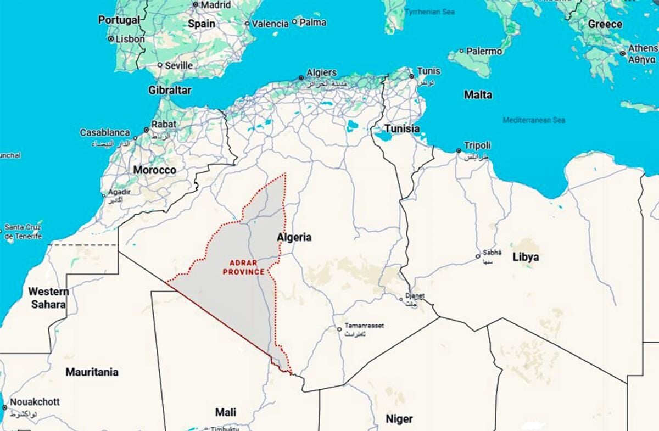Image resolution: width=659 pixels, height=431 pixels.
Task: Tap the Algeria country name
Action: click(294, 237)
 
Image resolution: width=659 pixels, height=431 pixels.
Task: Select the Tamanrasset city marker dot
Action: click(339, 329)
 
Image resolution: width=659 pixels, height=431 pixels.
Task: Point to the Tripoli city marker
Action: click(458, 150)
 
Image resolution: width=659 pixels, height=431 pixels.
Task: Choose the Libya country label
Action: click(525, 257)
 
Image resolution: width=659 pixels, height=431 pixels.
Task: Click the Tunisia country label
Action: click(401, 128)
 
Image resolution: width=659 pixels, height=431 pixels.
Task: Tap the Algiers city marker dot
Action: click(300, 78)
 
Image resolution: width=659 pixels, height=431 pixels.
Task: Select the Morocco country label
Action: click(154, 170)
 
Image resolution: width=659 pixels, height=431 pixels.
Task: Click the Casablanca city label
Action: click(104, 133)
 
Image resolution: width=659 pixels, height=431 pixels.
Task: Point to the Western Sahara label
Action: click(48, 298)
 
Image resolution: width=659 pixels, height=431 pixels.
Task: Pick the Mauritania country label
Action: click(92, 372)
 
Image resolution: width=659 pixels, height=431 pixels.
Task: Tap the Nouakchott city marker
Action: click(4, 407)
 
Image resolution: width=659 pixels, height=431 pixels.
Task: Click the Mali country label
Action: click(226, 412)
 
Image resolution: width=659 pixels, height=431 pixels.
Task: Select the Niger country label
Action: click(399, 419)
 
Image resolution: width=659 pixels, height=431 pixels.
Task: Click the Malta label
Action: click(478, 94)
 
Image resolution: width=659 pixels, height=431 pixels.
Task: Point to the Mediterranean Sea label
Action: click(534, 120)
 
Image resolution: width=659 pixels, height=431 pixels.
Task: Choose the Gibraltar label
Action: click(170, 89)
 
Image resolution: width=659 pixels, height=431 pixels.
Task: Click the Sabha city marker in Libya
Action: click(478, 256)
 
